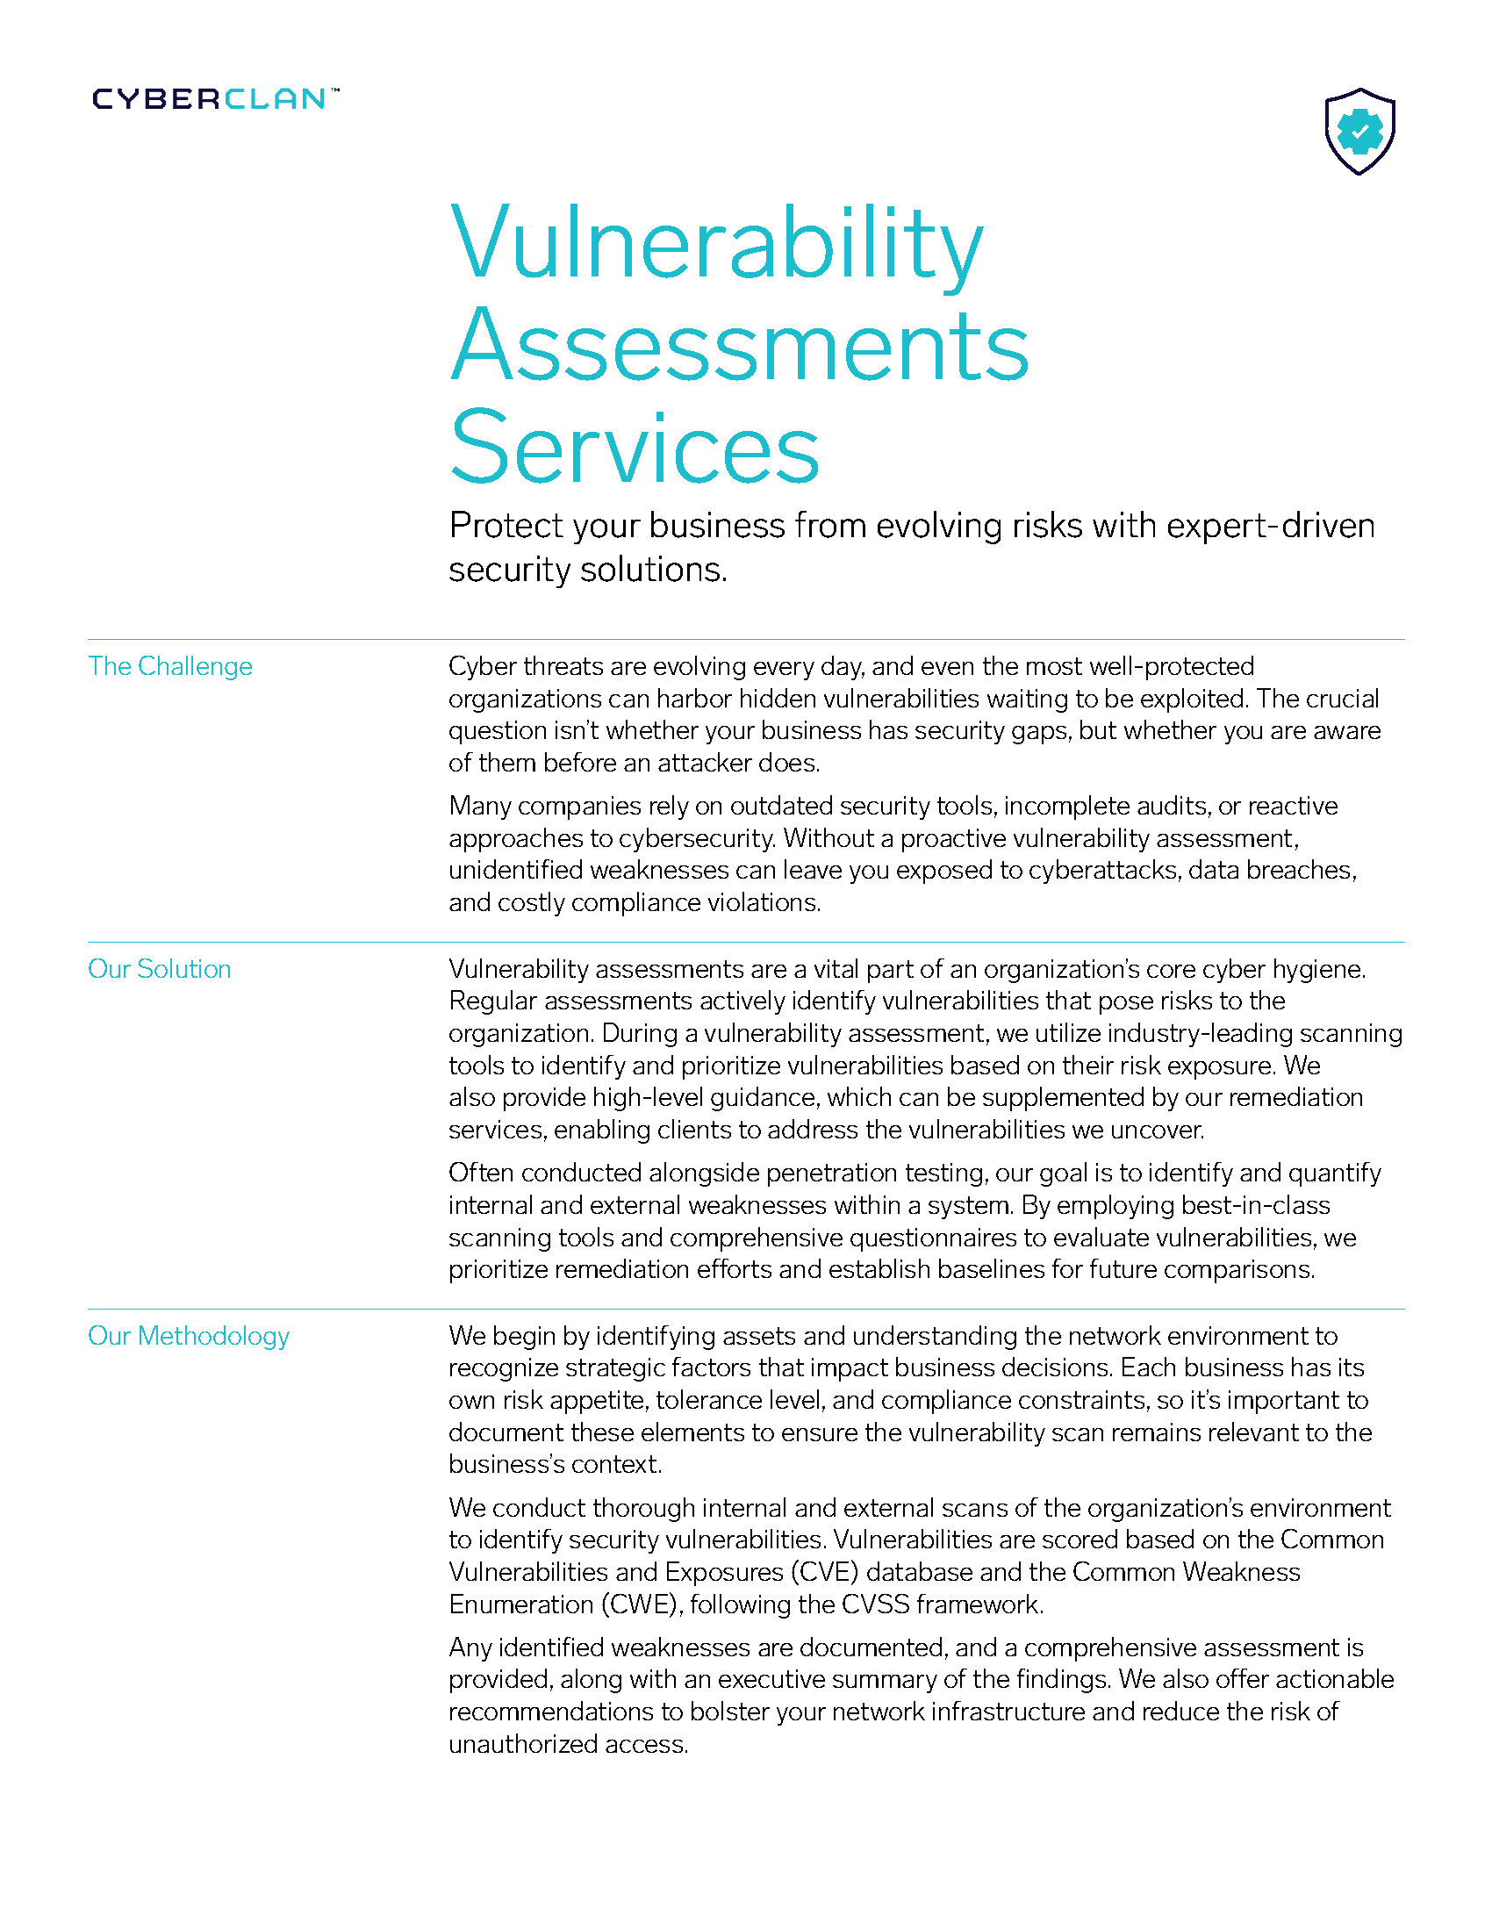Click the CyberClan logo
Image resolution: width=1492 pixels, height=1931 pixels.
[x=215, y=98]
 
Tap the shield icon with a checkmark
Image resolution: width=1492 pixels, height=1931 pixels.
[x=1359, y=132]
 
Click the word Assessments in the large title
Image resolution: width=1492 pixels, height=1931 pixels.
[x=739, y=347]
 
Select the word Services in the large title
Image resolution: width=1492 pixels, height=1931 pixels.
[x=634, y=449]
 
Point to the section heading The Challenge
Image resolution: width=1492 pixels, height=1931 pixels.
[x=169, y=666]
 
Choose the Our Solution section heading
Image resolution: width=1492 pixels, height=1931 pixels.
[x=159, y=968]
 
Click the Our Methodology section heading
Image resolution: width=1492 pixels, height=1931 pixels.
[x=189, y=1335]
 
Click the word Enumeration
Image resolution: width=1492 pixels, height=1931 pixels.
[x=520, y=1604]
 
